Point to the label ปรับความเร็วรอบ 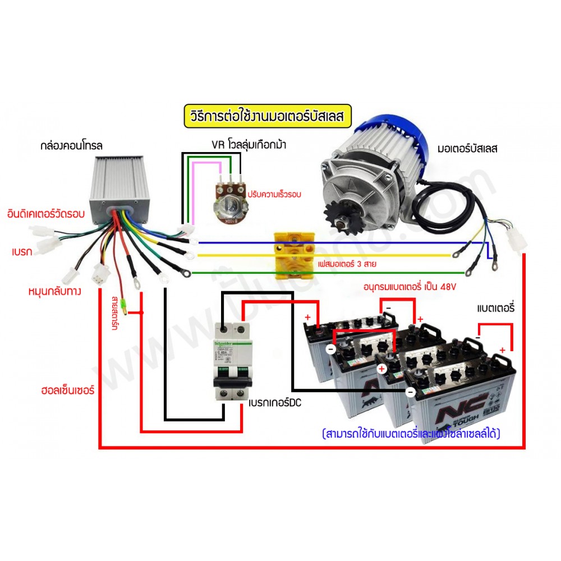[274, 195]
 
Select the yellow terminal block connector [292, 256]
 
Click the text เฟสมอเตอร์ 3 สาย [347, 261]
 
